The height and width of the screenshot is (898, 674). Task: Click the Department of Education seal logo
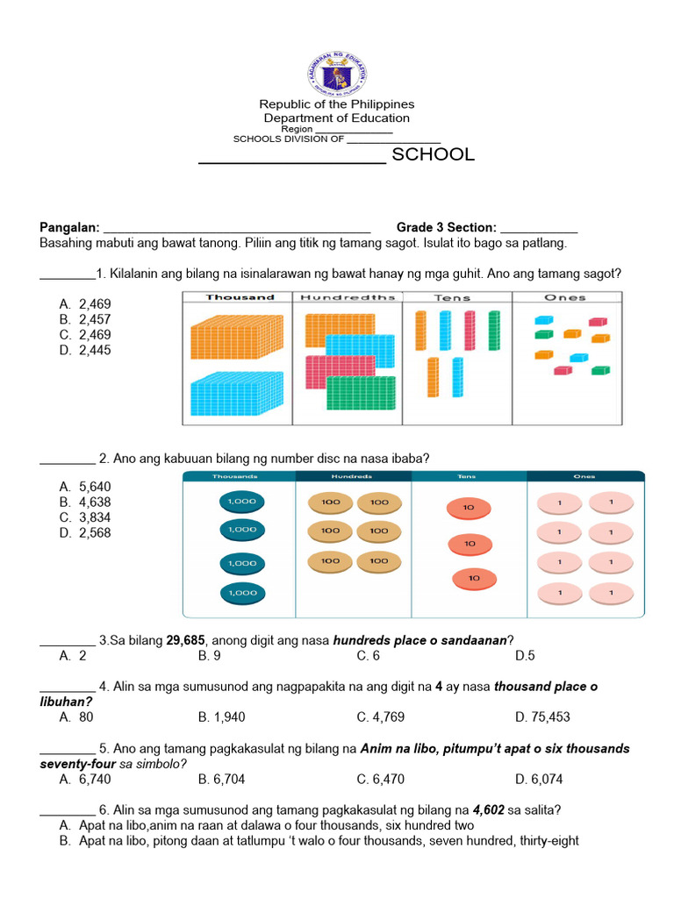[337, 74]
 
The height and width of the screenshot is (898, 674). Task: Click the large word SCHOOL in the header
[433, 155]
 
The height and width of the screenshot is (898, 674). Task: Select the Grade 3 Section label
[446, 227]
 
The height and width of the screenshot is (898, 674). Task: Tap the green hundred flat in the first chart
[362, 394]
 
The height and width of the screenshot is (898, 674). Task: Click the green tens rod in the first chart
[493, 331]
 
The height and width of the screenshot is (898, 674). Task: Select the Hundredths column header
[348, 297]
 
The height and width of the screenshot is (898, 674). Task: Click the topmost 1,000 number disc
[241, 501]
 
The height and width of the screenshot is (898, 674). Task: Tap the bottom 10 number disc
[474, 579]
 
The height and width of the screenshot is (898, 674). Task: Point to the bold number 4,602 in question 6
[488, 809]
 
